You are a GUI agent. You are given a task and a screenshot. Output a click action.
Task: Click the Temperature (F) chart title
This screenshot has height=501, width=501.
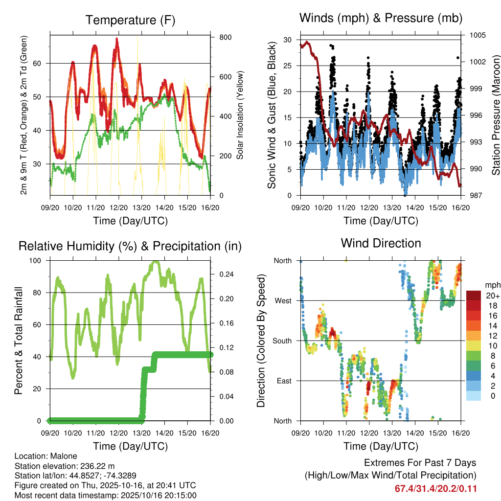[x=130, y=20]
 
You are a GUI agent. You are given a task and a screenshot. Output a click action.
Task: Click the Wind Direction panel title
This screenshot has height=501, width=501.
[x=381, y=243]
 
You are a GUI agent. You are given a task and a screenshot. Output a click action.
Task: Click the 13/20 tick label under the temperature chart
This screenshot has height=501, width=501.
[x=142, y=207]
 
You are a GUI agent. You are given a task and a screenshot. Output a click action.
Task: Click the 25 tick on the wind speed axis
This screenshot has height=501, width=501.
[x=287, y=66]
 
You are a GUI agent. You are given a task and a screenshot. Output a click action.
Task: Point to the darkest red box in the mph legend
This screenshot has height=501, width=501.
[x=474, y=296]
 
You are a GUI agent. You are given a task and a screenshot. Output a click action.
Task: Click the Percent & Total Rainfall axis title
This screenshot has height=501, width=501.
[x=19, y=341]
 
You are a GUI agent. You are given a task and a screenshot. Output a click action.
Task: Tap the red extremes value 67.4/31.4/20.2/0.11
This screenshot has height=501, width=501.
[x=435, y=488]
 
